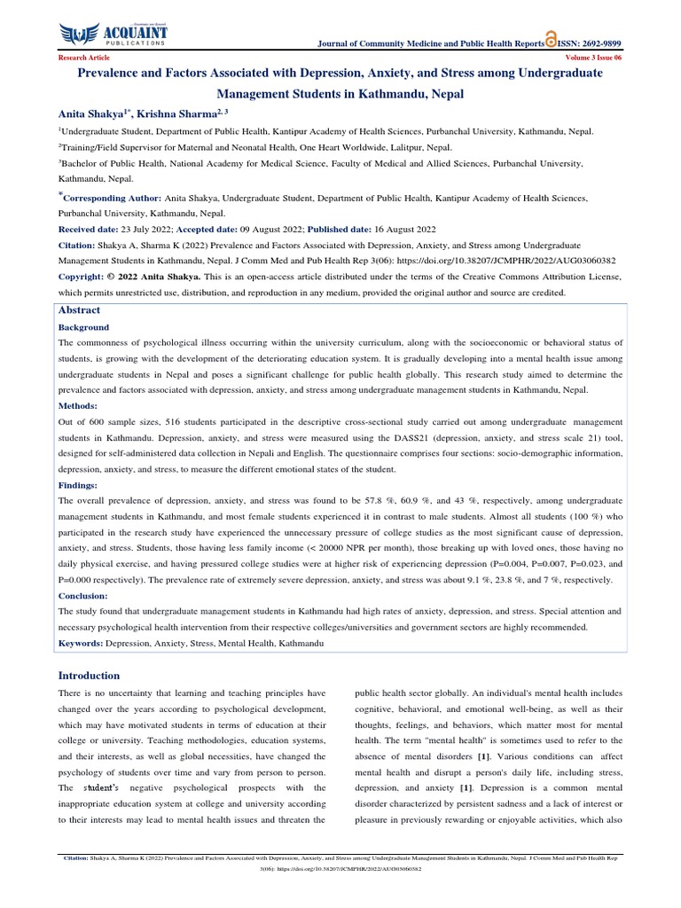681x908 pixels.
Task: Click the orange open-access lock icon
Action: [552, 40]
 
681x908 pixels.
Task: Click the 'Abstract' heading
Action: [79, 310]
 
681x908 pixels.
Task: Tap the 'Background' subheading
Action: [83, 327]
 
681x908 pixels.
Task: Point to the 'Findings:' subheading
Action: [79, 486]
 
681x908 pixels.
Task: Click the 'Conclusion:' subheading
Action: [84, 596]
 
